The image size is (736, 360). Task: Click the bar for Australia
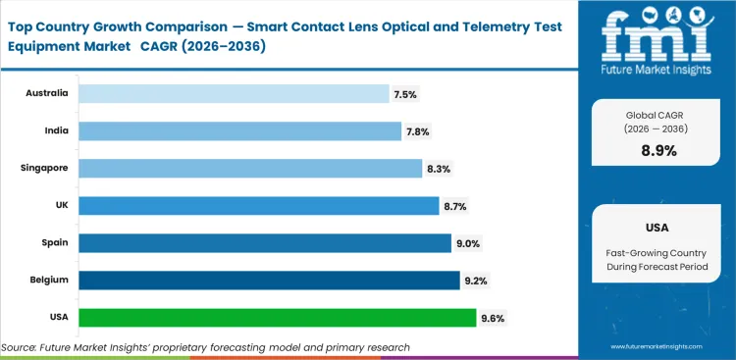tap(234, 93)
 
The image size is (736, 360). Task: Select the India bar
tap(239, 130)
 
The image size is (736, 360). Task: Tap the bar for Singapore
tap(250, 168)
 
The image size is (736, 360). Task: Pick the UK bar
tap(258, 205)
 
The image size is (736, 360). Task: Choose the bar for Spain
tap(265, 242)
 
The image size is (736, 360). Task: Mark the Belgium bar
tap(269, 280)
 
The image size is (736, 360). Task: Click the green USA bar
tap(277, 317)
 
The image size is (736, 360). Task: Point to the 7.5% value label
tap(405, 94)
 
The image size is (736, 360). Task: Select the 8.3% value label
tap(438, 169)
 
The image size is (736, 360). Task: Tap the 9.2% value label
tap(475, 281)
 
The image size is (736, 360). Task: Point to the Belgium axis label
tap(47, 280)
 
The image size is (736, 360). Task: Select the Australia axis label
tap(45, 93)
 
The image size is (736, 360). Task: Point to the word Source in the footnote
tap(20, 347)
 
